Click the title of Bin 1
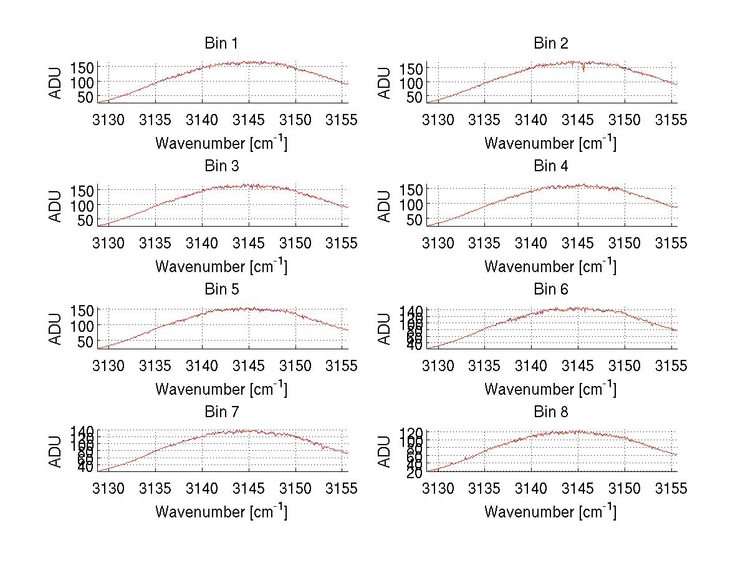(x=221, y=44)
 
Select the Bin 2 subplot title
(x=550, y=44)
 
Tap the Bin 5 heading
(x=221, y=290)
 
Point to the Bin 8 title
(x=550, y=412)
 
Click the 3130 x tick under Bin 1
(x=109, y=120)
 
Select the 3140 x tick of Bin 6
(x=532, y=365)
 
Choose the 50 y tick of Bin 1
(x=85, y=97)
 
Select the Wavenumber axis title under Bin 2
(x=550, y=143)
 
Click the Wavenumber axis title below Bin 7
(x=221, y=512)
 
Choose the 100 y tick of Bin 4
(x=411, y=204)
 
